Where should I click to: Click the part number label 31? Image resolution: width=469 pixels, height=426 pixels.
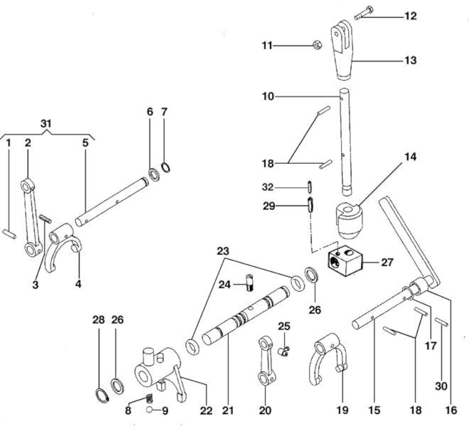pyautogui.click(x=46, y=124)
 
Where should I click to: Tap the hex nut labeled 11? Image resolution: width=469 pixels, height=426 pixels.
pyautogui.click(x=317, y=45)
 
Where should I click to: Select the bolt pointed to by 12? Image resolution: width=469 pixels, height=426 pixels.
pyautogui.click(x=363, y=13)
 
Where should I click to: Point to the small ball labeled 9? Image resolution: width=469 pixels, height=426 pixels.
pyautogui.click(x=149, y=410)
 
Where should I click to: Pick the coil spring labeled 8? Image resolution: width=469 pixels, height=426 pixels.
pyautogui.click(x=149, y=399)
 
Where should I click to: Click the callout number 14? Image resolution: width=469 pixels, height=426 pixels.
pyautogui.click(x=411, y=157)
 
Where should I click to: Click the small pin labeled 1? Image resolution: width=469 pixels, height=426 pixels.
pyautogui.click(x=10, y=234)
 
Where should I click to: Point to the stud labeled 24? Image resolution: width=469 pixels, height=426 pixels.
pyautogui.click(x=249, y=282)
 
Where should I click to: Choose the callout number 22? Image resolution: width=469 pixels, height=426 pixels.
pyautogui.click(x=206, y=411)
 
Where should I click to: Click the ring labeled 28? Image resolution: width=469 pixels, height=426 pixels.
pyautogui.click(x=102, y=396)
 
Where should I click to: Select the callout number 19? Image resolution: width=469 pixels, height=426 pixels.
pyautogui.click(x=342, y=411)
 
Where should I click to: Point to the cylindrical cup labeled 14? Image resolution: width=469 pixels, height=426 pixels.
pyautogui.click(x=348, y=220)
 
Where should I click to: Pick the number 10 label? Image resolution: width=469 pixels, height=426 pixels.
pyautogui.click(x=268, y=97)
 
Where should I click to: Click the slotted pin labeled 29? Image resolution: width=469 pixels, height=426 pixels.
pyautogui.click(x=310, y=205)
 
